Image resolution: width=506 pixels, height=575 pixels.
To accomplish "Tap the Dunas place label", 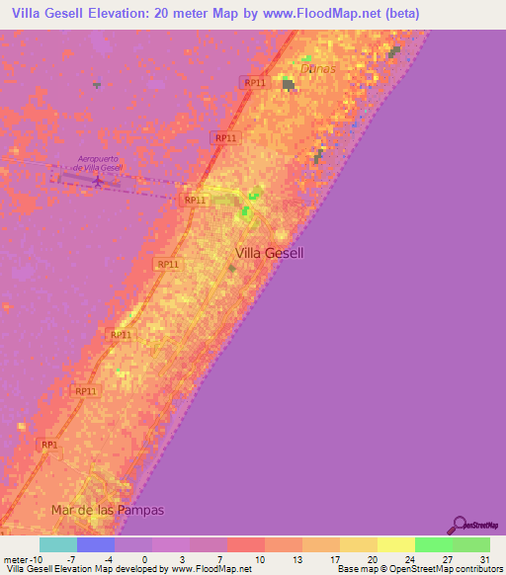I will (320, 68).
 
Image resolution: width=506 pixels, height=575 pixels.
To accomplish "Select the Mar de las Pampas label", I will (107, 510).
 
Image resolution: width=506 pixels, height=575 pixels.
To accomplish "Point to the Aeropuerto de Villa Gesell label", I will (99, 163).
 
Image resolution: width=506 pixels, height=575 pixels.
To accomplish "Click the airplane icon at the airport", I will (97, 180).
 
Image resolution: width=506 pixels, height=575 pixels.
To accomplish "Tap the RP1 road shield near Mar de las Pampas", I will (49, 446).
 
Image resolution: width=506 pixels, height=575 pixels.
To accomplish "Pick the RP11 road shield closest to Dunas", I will (253, 83).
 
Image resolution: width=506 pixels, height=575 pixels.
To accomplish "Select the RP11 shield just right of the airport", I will (195, 200).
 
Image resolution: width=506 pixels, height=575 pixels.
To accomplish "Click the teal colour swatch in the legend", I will (57, 544).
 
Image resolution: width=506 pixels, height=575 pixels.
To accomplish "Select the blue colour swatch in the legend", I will (96, 544).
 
